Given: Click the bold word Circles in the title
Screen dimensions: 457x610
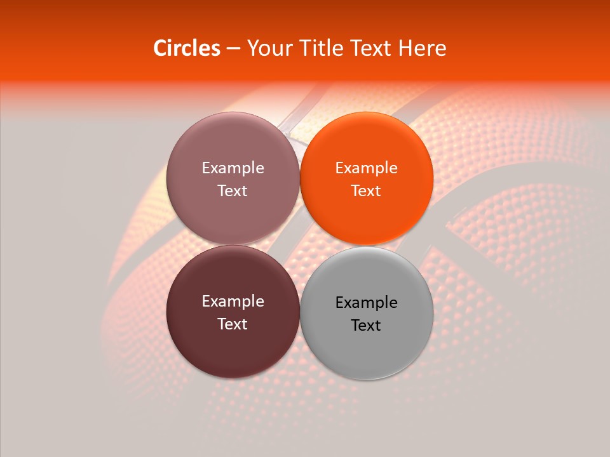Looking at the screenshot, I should point(187,48).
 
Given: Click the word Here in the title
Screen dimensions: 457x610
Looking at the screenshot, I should point(423,48).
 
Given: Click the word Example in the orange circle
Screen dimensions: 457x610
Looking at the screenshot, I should point(367,168).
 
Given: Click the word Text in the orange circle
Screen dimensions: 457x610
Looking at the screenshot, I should point(366,191).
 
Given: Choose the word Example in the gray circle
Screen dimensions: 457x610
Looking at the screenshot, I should point(367,303).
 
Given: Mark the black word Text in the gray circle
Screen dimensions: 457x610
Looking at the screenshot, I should point(366,326).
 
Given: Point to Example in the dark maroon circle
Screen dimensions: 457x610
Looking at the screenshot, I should point(233,301).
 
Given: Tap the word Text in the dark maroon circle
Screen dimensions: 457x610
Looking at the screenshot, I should point(233,324).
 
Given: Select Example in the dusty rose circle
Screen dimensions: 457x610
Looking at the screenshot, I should point(233,168).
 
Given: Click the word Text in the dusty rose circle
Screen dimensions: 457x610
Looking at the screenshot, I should point(233,191).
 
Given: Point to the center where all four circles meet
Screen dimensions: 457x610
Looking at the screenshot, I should point(300,245).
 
